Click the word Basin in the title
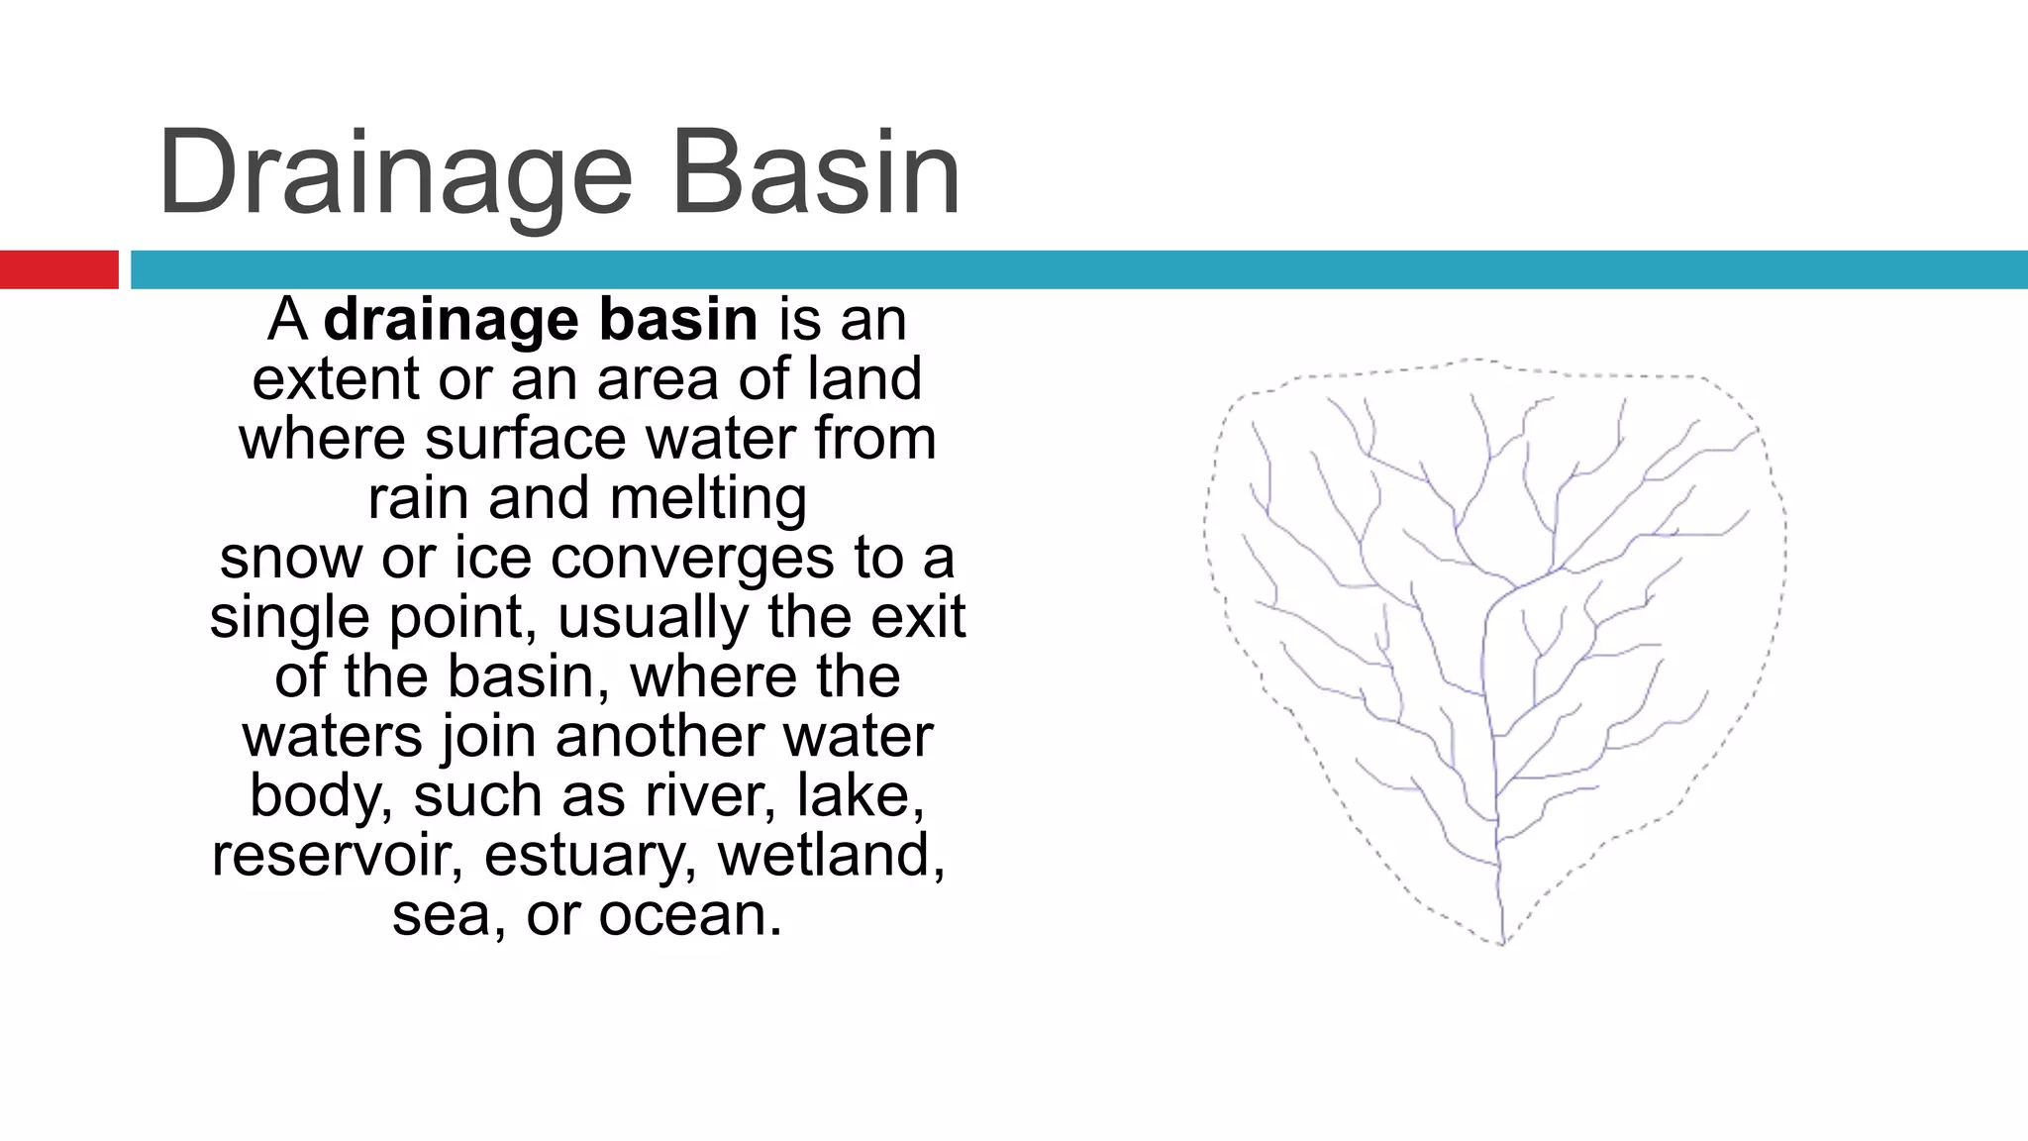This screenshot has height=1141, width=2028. pos(816,173)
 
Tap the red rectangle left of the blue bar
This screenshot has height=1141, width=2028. pos(58,269)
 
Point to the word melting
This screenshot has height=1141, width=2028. pos(708,499)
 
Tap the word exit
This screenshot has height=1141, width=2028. pos(918,617)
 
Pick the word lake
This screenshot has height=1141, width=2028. pos(861,794)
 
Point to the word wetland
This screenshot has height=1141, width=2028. pos(831,854)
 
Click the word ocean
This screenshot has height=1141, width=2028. pos(690,914)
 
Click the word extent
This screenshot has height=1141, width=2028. pos(337,379)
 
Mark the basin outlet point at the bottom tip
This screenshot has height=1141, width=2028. pos(1501,941)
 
